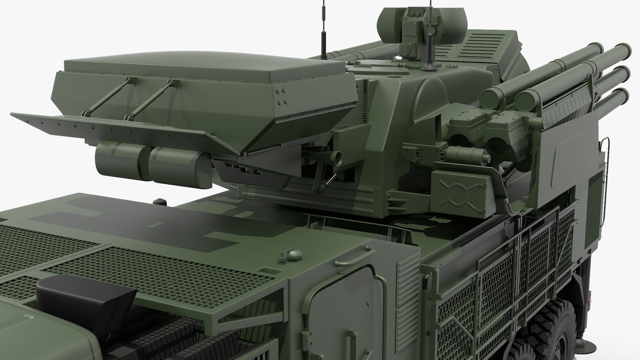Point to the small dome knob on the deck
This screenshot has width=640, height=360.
point(158,202)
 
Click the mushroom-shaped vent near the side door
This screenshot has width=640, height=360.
point(294,254)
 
